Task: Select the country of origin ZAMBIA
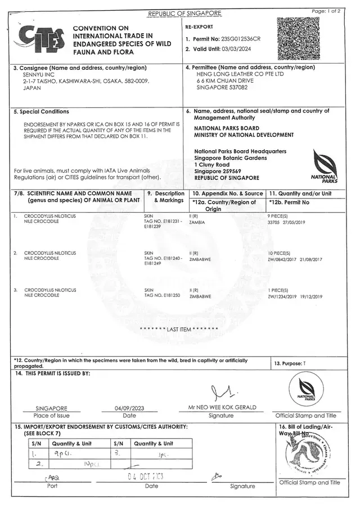197,222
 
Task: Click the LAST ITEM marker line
179,329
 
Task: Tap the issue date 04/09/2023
129,408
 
